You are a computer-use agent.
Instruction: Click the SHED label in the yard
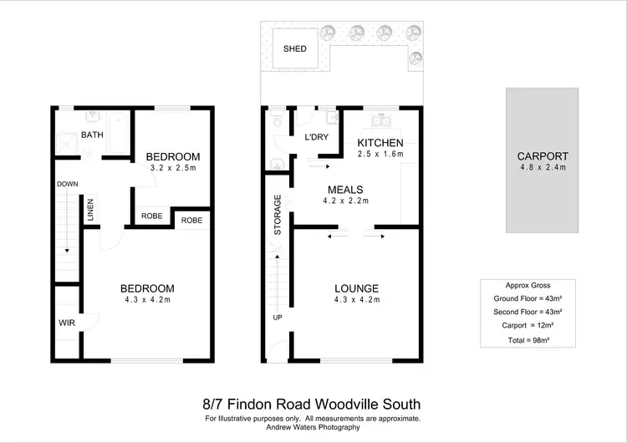point(295,48)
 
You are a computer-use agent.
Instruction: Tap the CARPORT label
point(542,155)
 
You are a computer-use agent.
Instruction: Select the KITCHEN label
point(380,142)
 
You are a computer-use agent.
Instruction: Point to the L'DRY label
point(314,136)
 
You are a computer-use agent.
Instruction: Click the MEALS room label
point(344,189)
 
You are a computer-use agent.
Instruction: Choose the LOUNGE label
point(357,288)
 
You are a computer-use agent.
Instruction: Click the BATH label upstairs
point(91,135)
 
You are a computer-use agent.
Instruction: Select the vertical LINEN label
point(90,211)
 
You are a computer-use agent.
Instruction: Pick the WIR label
point(67,322)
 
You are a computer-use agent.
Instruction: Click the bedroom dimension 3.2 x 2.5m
point(173,168)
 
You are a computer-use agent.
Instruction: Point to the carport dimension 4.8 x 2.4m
point(542,167)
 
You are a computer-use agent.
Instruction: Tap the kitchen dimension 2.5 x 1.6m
point(380,154)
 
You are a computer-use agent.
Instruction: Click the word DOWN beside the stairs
point(68,184)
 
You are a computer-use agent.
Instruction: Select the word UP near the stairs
point(278,318)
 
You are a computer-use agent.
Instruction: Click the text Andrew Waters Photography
point(313,427)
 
